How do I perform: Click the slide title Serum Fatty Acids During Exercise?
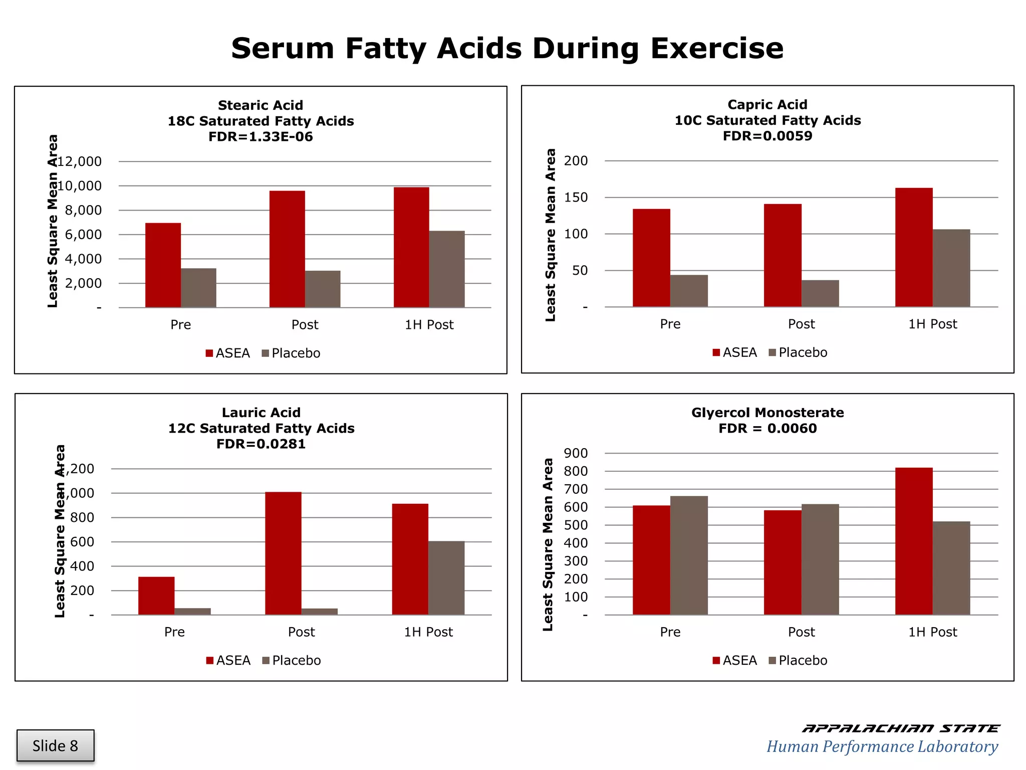[x=507, y=49]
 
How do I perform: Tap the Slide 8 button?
[x=55, y=745]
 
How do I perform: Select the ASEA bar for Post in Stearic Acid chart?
[x=287, y=249]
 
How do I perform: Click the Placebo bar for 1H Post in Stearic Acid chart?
[x=447, y=269]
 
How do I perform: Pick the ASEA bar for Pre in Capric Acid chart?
[x=651, y=258]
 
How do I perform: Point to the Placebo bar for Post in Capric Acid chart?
[x=820, y=293]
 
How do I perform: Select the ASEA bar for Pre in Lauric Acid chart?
[x=156, y=596]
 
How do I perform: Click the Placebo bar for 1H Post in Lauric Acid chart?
[x=446, y=578]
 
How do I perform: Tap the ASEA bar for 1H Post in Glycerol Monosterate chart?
[x=914, y=541]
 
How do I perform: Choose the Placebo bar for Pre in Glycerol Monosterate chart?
[x=689, y=555]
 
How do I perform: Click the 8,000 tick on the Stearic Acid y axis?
[x=83, y=211]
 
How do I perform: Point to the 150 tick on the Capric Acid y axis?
[x=576, y=198]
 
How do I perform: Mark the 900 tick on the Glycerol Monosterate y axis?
[x=576, y=453]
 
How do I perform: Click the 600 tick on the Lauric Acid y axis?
[x=82, y=542]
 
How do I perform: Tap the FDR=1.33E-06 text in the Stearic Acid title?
[x=261, y=137]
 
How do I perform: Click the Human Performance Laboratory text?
[x=882, y=746]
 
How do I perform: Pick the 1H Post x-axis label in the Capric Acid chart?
[x=932, y=324]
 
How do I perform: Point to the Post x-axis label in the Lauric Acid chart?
[x=301, y=632]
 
